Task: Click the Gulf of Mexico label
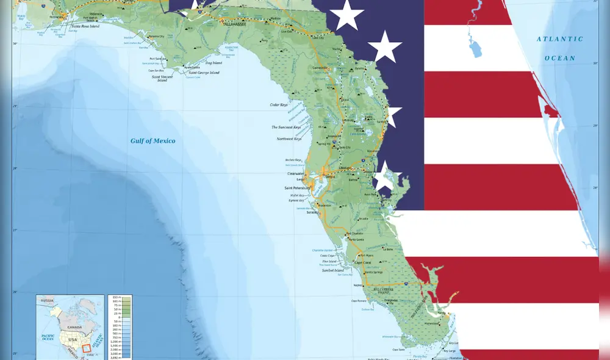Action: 152,141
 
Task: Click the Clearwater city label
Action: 296,173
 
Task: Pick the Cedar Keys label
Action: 279,105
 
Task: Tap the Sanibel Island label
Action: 332,270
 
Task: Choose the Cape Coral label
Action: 365,263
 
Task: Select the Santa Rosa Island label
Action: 86,26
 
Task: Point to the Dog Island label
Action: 213,63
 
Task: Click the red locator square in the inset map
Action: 86,349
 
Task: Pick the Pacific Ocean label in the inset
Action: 48,338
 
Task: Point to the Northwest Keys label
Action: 289,139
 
